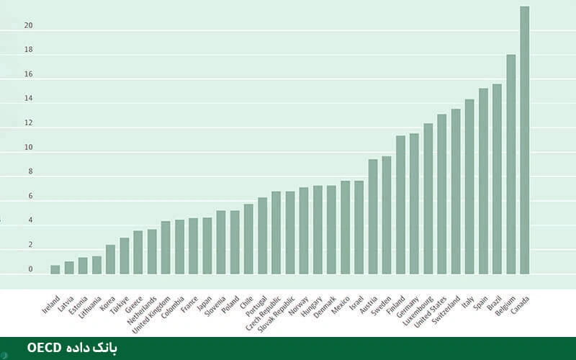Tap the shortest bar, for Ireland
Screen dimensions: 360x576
(x=55, y=270)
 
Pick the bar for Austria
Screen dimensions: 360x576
(x=373, y=217)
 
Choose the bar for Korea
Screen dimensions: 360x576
(x=110, y=260)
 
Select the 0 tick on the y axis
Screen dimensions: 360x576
(x=30, y=269)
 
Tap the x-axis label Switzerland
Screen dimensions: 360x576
(x=446, y=309)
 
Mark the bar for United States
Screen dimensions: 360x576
(x=442, y=194)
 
